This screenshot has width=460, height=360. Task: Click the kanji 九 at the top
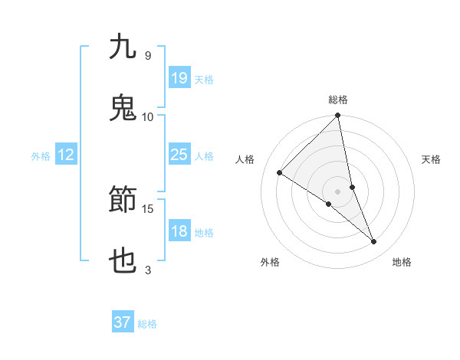coord(123,47)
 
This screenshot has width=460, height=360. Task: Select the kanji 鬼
coord(123,108)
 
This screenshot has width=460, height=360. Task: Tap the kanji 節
coord(123,201)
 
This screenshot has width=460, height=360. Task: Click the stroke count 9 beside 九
coord(147,56)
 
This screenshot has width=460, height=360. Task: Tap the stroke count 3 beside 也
coord(147,270)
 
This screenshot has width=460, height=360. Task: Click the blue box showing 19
coord(179,77)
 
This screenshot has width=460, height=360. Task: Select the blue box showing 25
coord(179,155)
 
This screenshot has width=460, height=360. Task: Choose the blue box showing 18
coord(179,231)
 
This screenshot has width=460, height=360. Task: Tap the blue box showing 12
coord(66,155)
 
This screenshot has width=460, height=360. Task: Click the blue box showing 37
coord(123,322)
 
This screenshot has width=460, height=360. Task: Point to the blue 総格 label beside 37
coord(148,324)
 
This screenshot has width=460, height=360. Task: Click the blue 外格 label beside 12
coord(41,156)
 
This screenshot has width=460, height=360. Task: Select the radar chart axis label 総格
coord(338,100)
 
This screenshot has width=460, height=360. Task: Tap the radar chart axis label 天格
coord(432,159)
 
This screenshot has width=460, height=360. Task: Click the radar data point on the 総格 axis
coord(338,116)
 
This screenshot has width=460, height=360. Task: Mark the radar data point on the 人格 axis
coord(280,173)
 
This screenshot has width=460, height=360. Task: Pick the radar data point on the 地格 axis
coord(374,241)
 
